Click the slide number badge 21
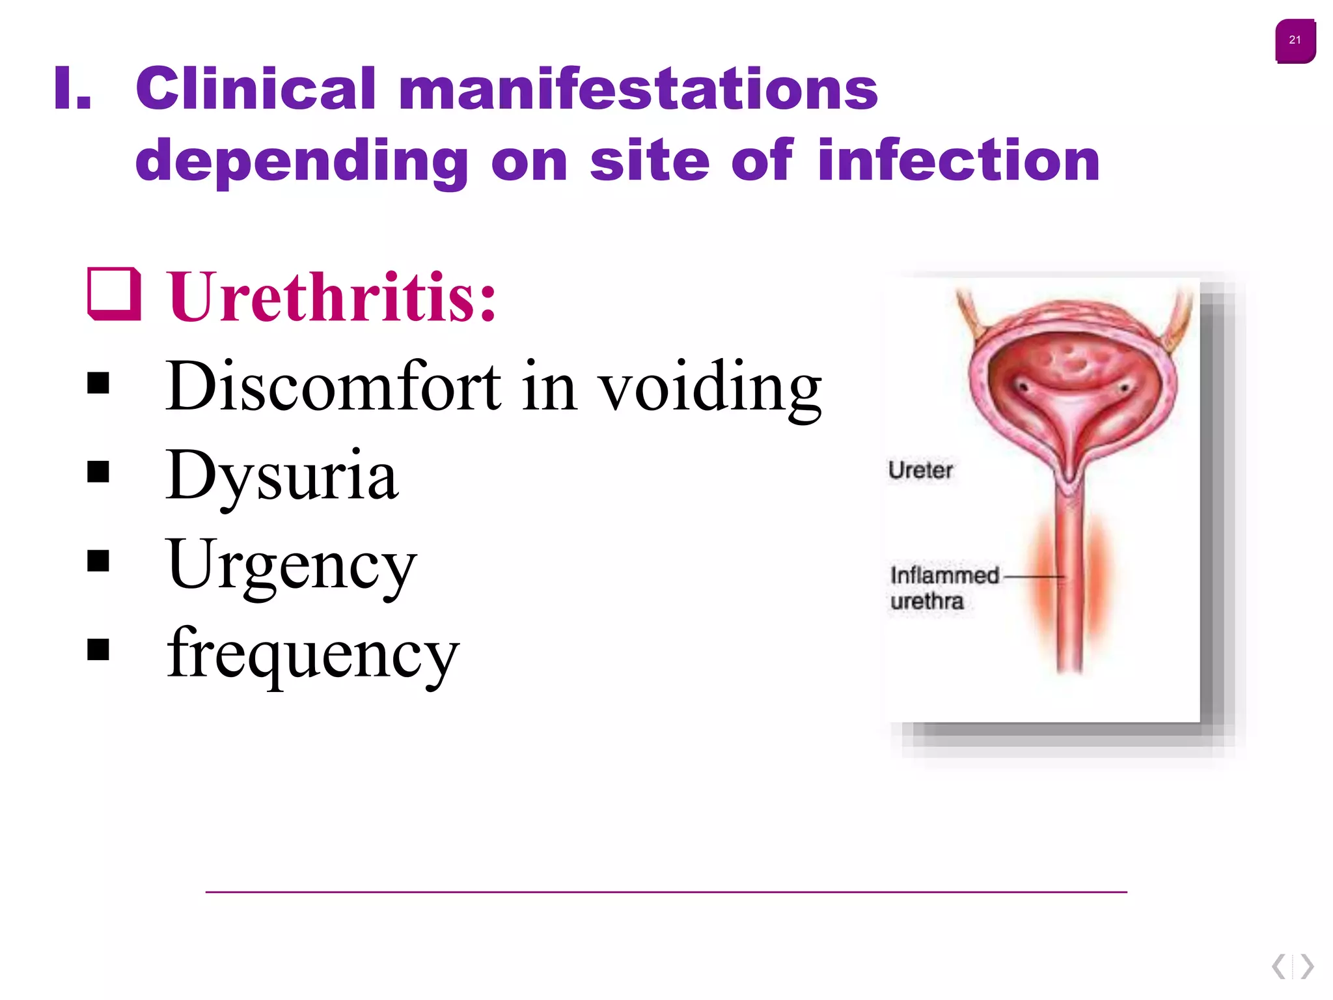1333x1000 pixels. [1295, 40]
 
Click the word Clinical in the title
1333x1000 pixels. [256, 89]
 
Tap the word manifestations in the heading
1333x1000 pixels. [638, 89]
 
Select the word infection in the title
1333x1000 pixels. [958, 160]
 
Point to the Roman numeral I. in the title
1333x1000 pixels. [72, 89]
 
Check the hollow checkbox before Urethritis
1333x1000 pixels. [115, 294]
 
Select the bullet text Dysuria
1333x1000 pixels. [281, 477]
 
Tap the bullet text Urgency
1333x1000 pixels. [291, 566]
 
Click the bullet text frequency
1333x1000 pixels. [312, 654]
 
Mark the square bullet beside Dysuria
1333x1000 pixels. [98, 472]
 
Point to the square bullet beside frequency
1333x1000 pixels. [98, 649]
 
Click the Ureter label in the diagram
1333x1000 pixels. [920, 470]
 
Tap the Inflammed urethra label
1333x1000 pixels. [944, 588]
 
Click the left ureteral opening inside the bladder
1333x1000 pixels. [1023, 388]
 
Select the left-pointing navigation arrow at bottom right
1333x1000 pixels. [1279, 966]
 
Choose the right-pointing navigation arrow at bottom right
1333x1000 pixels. [1307, 966]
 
